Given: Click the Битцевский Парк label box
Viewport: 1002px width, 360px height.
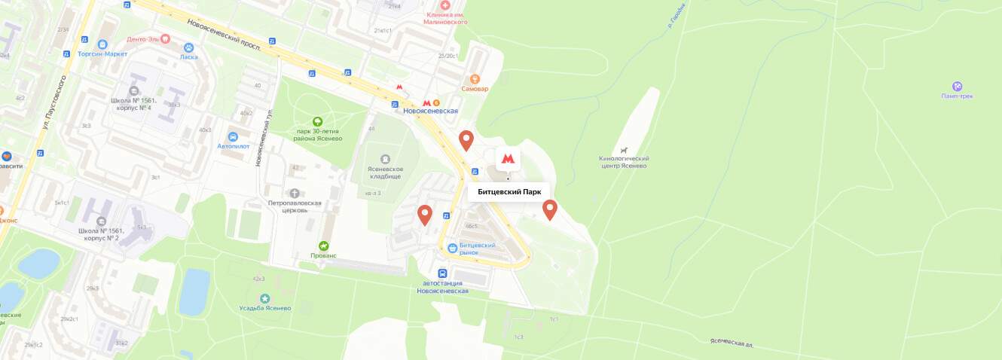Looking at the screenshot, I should click(509, 192).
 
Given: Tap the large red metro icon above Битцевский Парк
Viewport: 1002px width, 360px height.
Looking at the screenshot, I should click(508, 159).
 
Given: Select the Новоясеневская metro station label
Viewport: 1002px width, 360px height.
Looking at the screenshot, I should click(431, 111).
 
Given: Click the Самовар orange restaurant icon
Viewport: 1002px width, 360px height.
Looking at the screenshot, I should click(475, 78).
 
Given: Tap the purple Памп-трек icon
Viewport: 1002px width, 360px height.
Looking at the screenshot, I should click(958, 86).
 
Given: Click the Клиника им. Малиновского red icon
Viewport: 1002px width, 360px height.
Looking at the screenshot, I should click(444, 5).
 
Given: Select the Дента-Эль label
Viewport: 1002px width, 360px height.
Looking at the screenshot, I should click(143, 39).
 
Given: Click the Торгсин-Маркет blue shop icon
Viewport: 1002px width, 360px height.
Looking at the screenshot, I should click(102, 44).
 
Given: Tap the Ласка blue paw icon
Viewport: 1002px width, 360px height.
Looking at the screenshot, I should click(189, 47).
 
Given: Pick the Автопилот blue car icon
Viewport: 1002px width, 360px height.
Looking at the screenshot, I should click(234, 137).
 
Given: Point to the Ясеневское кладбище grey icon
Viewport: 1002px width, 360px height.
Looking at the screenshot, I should click(385, 159).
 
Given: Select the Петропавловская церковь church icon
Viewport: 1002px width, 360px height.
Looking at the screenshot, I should click(295, 194).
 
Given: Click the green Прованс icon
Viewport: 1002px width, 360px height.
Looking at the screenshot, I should click(324, 246).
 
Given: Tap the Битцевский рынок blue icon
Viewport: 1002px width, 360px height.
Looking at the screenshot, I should click(452, 248).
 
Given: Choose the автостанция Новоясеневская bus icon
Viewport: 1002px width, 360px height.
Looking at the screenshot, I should click(442, 274).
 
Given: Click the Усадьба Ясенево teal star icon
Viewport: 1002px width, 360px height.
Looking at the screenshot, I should click(264, 299).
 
